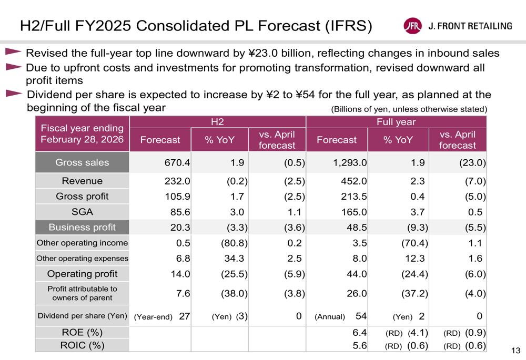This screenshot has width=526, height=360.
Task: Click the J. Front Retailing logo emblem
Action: pos(412,26)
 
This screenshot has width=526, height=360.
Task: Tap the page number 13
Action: pos(515,351)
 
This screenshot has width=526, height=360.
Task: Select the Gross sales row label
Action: pos(82,162)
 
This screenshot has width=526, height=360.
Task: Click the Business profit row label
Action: pos(82,228)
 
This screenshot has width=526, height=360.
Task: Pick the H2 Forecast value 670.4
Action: pos(177,163)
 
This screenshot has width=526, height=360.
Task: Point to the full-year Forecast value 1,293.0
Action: pos(349,163)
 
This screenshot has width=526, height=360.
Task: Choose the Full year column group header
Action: pos(396,122)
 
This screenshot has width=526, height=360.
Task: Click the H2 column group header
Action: pos(217,122)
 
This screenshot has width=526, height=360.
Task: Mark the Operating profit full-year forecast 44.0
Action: pos(356,274)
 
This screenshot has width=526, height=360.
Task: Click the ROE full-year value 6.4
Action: pos(360,333)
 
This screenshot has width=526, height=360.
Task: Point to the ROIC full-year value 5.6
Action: pos(360,345)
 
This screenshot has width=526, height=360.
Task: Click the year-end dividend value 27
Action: pos(185,316)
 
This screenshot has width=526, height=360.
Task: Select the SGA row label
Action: pos(82,212)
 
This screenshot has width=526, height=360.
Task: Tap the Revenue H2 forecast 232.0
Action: pos(178,181)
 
